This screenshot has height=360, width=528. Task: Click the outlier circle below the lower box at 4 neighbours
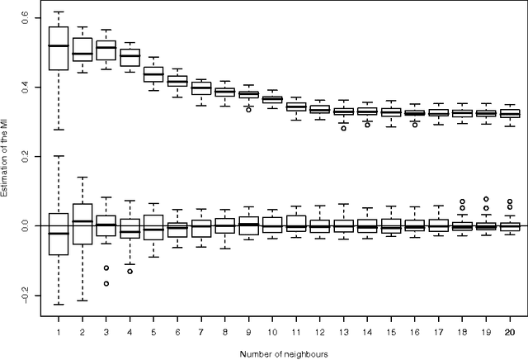(x=130, y=271)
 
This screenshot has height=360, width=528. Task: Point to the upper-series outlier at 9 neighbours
(x=248, y=109)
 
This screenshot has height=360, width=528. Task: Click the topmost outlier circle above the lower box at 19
(x=487, y=199)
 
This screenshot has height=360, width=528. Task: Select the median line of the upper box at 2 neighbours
(x=82, y=54)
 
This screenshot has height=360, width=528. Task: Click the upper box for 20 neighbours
(x=510, y=114)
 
